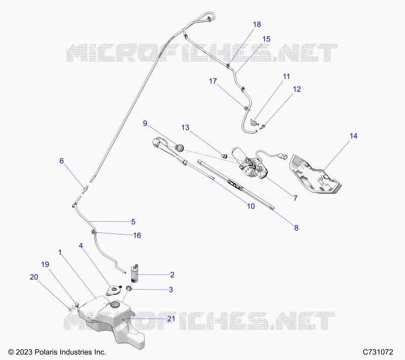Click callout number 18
[257, 24]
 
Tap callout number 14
[353, 136]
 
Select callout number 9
[145, 124]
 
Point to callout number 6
[61, 161]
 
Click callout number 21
[171, 319]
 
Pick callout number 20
[34, 277]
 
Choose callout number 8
[296, 228]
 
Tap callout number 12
[297, 89]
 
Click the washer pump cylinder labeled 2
[135, 274]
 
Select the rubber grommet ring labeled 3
[129, 288]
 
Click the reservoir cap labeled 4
[113, 289]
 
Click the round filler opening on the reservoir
[115, 304]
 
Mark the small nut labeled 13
[224, 155]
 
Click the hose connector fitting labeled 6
[85, 189]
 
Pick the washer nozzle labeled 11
[254, 122]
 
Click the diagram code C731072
[378, 352]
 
